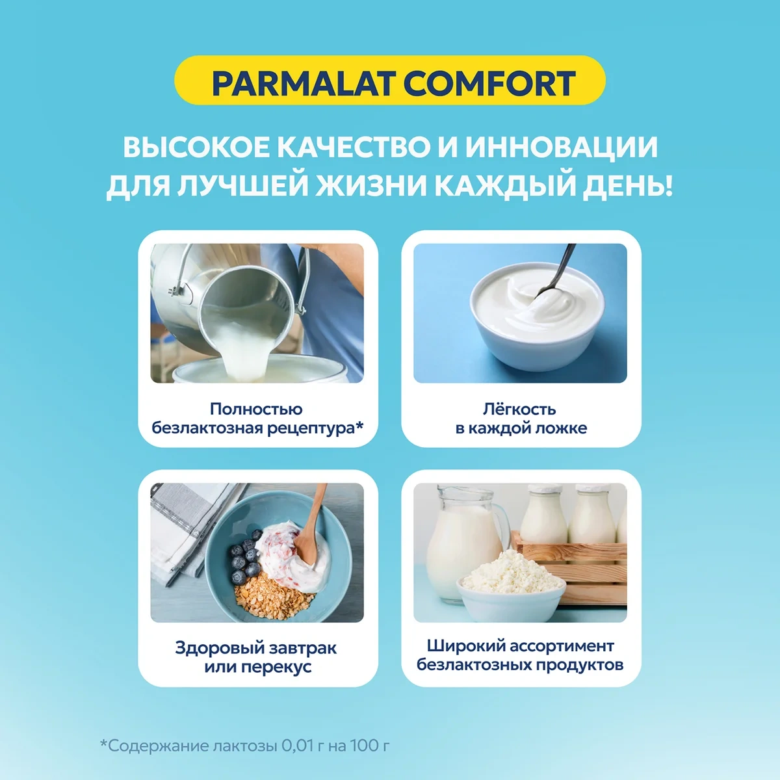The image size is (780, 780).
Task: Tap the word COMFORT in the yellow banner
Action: point(489,83)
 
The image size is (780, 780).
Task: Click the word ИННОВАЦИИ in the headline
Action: point(562,147)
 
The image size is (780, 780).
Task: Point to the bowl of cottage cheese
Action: point(512,586)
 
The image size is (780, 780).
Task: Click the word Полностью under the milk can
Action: point(256,409)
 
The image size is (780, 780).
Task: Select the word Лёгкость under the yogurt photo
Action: point(520,409)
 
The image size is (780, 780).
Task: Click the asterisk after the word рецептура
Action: point(360,425)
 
